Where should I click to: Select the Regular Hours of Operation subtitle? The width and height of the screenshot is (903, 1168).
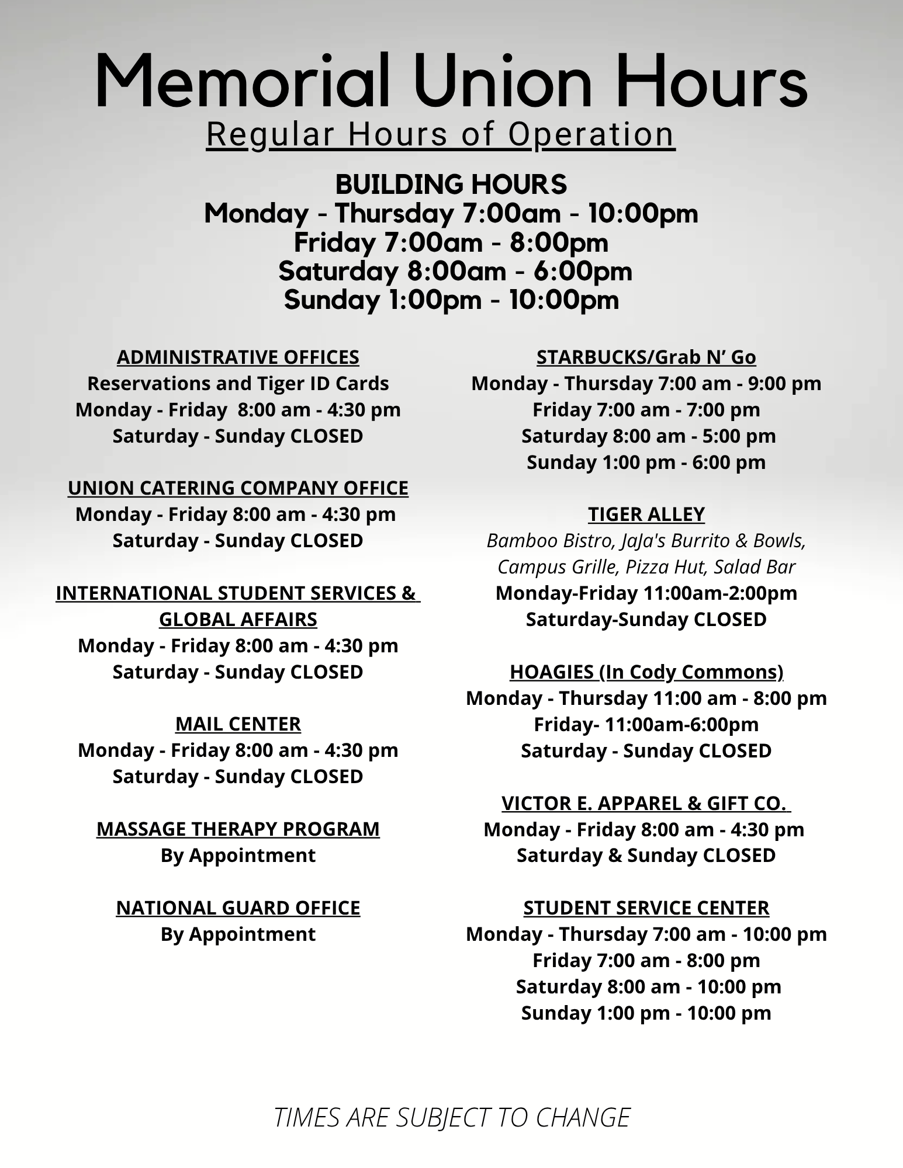click(x=441, y=134)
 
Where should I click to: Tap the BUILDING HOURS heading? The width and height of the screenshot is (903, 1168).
click(x=451, y=185)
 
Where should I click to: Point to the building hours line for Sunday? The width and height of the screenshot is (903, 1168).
click(x=451, y=300)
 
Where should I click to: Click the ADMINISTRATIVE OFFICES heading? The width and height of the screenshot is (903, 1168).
click(x=238, y=357)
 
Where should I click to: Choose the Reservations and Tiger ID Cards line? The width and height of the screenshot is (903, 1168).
click(x=238, y=383)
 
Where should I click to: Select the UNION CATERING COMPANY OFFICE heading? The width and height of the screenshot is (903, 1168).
click(x=238, y=488)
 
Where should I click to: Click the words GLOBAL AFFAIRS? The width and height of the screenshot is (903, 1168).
click(x=238, y=619)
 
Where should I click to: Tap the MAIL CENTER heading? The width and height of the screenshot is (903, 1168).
click(x=238, y=724)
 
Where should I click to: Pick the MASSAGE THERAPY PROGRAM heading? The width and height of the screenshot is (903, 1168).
click(x=238, y=829)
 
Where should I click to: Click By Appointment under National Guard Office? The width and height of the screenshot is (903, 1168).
click(x=238, y=934)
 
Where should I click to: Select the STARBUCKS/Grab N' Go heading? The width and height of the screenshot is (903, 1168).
click(x=646, y=357)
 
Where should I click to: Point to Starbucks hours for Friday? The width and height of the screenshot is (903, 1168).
click(x=646, y=409)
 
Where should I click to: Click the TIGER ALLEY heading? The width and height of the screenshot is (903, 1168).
click(x=646, y=514)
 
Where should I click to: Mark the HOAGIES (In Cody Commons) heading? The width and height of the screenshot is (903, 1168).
click(x=646, y=672)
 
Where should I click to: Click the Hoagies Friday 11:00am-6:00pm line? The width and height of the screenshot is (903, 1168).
click(x=646, y=724)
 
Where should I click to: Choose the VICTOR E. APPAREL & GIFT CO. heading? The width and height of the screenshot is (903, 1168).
click(x=645, y=803)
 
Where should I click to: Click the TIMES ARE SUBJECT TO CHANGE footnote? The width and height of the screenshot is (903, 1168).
click(x=452, y=1117)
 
